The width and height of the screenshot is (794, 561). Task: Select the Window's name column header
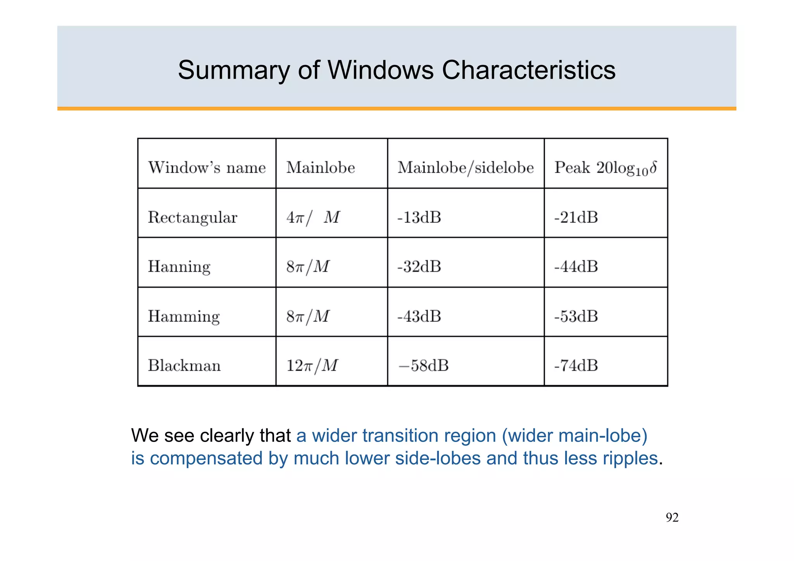(207, 168)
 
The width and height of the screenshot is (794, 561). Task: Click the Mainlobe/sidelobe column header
(465, 168)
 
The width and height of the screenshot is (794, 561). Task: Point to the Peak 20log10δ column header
(605, 168)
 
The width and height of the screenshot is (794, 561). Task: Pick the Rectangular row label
(192, 217)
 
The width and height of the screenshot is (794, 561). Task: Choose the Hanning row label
(179, 267)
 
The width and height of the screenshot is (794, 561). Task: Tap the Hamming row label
(184, 316)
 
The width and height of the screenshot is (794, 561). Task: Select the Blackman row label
(184, 366)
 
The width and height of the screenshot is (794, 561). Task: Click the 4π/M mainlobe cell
(312, 217)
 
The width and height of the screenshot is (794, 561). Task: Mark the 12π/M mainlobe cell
(312, 366)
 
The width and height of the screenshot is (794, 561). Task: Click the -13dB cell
(419, 217)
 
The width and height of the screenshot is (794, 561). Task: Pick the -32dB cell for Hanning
(419, 267)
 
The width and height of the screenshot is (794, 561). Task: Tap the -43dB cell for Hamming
(419, 316)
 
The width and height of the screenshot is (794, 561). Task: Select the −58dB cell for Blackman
(423, 366)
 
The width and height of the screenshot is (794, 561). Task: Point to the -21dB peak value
(576, 217)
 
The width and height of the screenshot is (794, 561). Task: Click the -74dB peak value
(576, 366)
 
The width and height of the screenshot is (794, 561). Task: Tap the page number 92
(672, 518)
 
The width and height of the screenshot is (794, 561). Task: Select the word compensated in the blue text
(206, 458)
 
